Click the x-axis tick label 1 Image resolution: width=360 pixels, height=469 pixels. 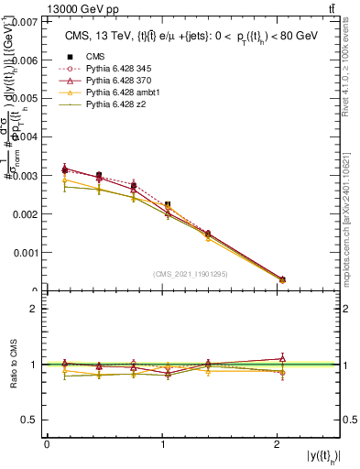point(164,443)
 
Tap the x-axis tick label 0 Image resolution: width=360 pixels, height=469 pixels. point(47,443)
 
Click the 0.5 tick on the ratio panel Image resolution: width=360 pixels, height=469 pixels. point(31,420)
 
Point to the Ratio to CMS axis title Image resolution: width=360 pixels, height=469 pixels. point(13,365)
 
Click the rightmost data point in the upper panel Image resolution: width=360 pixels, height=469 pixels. point(282,279)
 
